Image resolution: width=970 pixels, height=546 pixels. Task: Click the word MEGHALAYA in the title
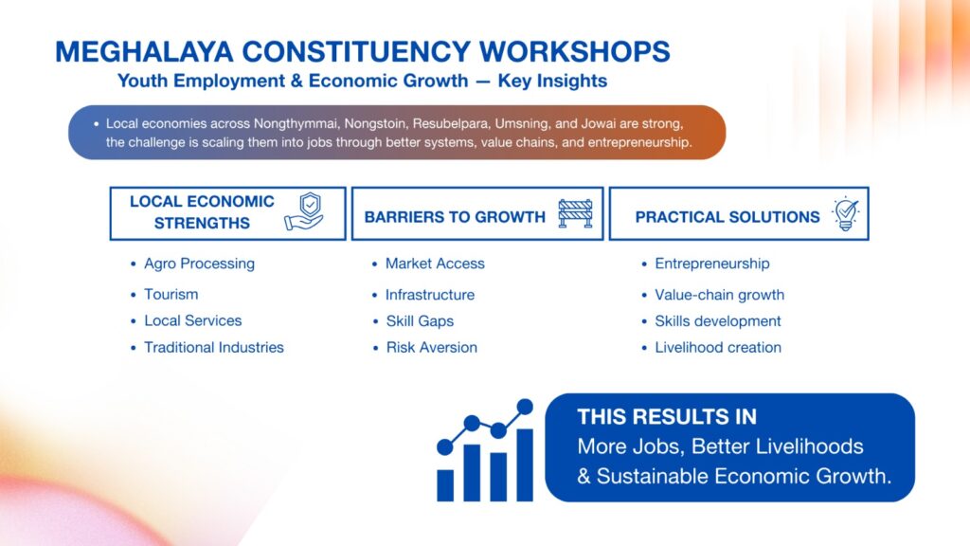coord(144,51)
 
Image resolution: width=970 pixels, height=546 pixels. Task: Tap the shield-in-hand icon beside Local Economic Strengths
coord(304,211)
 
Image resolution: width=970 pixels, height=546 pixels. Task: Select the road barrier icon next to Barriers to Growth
coord(575,213)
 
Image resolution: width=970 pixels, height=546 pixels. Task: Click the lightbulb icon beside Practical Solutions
coord(845,213)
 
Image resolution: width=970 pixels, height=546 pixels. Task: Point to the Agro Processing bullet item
coord(199,264)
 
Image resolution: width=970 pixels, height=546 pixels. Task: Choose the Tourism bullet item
coord(171,294)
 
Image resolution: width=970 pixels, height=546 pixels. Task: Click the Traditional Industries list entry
coord(214,347)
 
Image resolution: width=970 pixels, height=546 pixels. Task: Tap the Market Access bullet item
coord(435,264)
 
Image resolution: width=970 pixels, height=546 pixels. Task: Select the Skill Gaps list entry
coord(420,321)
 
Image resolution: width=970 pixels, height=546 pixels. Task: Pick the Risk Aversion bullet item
coord(432,347)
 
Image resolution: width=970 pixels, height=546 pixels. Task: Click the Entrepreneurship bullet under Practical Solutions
coord(712,264)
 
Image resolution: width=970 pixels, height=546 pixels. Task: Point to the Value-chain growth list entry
coord(720,295)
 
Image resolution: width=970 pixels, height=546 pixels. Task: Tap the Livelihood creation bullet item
coord(718,347)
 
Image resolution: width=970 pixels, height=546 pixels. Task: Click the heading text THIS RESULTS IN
coord(667,417)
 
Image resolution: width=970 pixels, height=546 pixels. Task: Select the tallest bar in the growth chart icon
coord(525,464)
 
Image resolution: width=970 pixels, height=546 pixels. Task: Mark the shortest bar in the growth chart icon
coord(445,485)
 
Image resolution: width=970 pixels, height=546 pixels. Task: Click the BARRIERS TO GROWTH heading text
coord(455,217)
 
